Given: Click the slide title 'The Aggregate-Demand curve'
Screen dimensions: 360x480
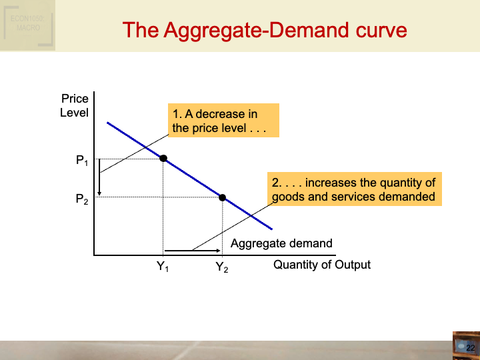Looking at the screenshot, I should click(x=265, y=31).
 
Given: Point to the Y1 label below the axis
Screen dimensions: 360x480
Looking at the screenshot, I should click(x=163, y=268).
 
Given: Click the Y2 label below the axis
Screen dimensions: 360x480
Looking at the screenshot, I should click(x=222, y=268).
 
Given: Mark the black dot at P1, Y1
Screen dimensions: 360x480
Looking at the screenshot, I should click(x=163, y=159).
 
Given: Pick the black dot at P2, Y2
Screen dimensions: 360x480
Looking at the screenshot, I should click(x=223, y=197).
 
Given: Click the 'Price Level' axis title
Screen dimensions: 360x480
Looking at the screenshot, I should click(x=74, y=106).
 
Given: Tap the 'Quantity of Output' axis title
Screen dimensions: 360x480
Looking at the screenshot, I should click(x=322, y=265).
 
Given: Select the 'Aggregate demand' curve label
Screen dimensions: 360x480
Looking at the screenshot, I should click(x=281, y=243).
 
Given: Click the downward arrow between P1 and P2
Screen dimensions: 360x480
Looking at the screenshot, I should click(x=99, y=178).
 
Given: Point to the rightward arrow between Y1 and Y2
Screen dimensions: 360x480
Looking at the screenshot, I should click(x=192, y=251).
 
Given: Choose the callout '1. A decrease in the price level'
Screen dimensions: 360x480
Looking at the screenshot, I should click(x=223, y=121).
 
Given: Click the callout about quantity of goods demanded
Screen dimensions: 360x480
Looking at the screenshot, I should click(x=354, y=190).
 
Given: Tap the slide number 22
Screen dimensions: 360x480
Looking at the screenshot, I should click(x=470, y=348).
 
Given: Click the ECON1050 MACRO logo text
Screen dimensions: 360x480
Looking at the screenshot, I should click(x=27, y=24).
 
